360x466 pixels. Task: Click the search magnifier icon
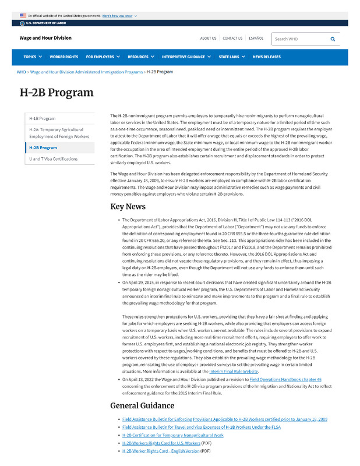333,39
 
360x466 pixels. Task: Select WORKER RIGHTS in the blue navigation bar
64,57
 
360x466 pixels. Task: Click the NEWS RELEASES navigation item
266,57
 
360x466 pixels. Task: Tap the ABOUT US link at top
208,38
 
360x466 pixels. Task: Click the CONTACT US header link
232,38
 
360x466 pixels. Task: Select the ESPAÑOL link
256,38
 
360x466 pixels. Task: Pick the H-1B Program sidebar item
43,118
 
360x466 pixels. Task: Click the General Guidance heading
142,405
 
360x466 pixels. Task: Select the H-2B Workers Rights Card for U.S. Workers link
161,443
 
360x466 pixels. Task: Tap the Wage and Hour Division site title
45,38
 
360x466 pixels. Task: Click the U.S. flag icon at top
23,16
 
